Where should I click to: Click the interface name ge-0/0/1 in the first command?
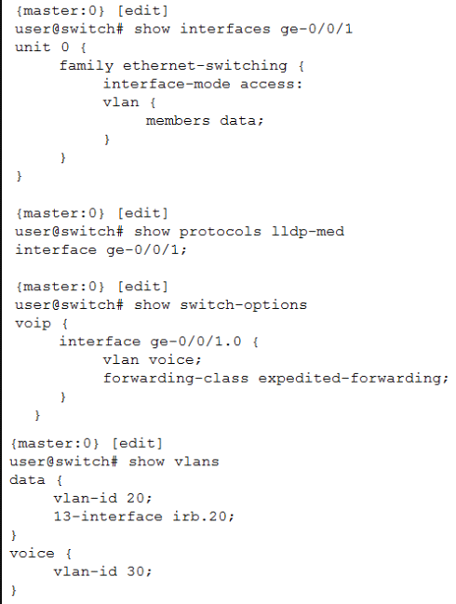(x=316, y=29)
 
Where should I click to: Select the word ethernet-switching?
(x=205, y=66)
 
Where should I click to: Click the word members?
(x=178, y=121)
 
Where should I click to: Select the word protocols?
(x=221, y=232)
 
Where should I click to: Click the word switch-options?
(x=244, y=305)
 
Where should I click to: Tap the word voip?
(x=33, y=324)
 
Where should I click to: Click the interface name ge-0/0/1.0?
(x=195, y=342)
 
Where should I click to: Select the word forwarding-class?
(x=176, y=378)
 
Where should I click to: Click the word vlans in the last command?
(x=196, y=462)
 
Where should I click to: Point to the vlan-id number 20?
(x=136, y=498)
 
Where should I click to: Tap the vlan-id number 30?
(x=136, y=571)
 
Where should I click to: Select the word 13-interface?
(x=108, y=517)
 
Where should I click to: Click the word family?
(x=87, y=66)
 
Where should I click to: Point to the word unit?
(x=33, y=47)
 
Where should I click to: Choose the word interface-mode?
(x=167, y=84)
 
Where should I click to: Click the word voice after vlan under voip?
(x=172, y=360)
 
